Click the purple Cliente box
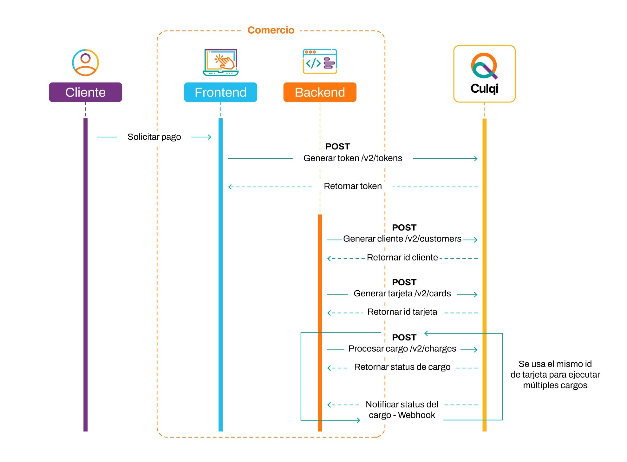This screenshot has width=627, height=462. point(85,92)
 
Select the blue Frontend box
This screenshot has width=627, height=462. point(220,92)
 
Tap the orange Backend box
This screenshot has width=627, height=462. point(320,92)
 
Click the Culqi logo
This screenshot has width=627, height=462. point(484,74)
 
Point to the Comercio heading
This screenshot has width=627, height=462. point(271,30)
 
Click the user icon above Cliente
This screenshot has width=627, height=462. point(85,63)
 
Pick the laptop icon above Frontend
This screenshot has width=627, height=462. point(221,63)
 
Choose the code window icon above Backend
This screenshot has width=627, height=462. point(320,62)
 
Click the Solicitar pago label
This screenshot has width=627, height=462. point(154,137)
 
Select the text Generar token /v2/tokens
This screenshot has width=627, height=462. point(353,158)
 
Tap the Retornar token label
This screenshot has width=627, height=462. point(353,186)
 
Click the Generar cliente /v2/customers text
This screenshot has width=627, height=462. point(402,239)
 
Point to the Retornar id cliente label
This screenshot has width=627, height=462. point(402,257)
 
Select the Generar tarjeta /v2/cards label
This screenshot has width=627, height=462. point(402,294)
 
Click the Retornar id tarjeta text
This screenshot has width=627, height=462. point(402,312)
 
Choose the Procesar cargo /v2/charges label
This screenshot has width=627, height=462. point(402,349)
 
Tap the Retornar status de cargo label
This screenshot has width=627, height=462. point(402,367)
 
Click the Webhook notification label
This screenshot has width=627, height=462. point(402,410)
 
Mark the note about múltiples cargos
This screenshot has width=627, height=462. point(555,374)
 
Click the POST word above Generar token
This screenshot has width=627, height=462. point(337,147)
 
